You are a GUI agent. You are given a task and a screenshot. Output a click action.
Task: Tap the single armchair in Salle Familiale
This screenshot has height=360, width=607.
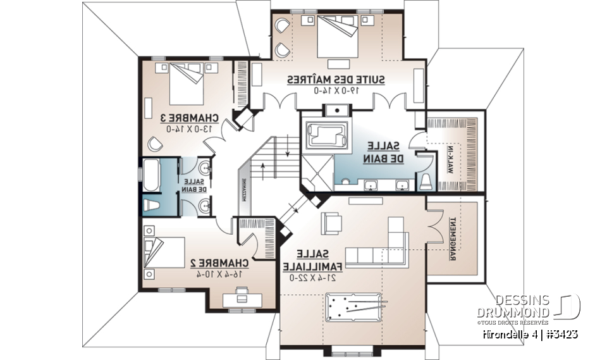click(331, 222)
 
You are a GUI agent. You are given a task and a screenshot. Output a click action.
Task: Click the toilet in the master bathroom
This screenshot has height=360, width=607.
click(426, 182)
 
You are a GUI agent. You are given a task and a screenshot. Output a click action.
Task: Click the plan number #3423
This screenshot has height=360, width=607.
click(559, 333)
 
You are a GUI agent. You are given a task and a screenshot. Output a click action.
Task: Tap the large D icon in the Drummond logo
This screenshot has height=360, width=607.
click(568, 306)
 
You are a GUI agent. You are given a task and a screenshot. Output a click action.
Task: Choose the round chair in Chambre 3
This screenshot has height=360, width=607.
click(156, 144)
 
